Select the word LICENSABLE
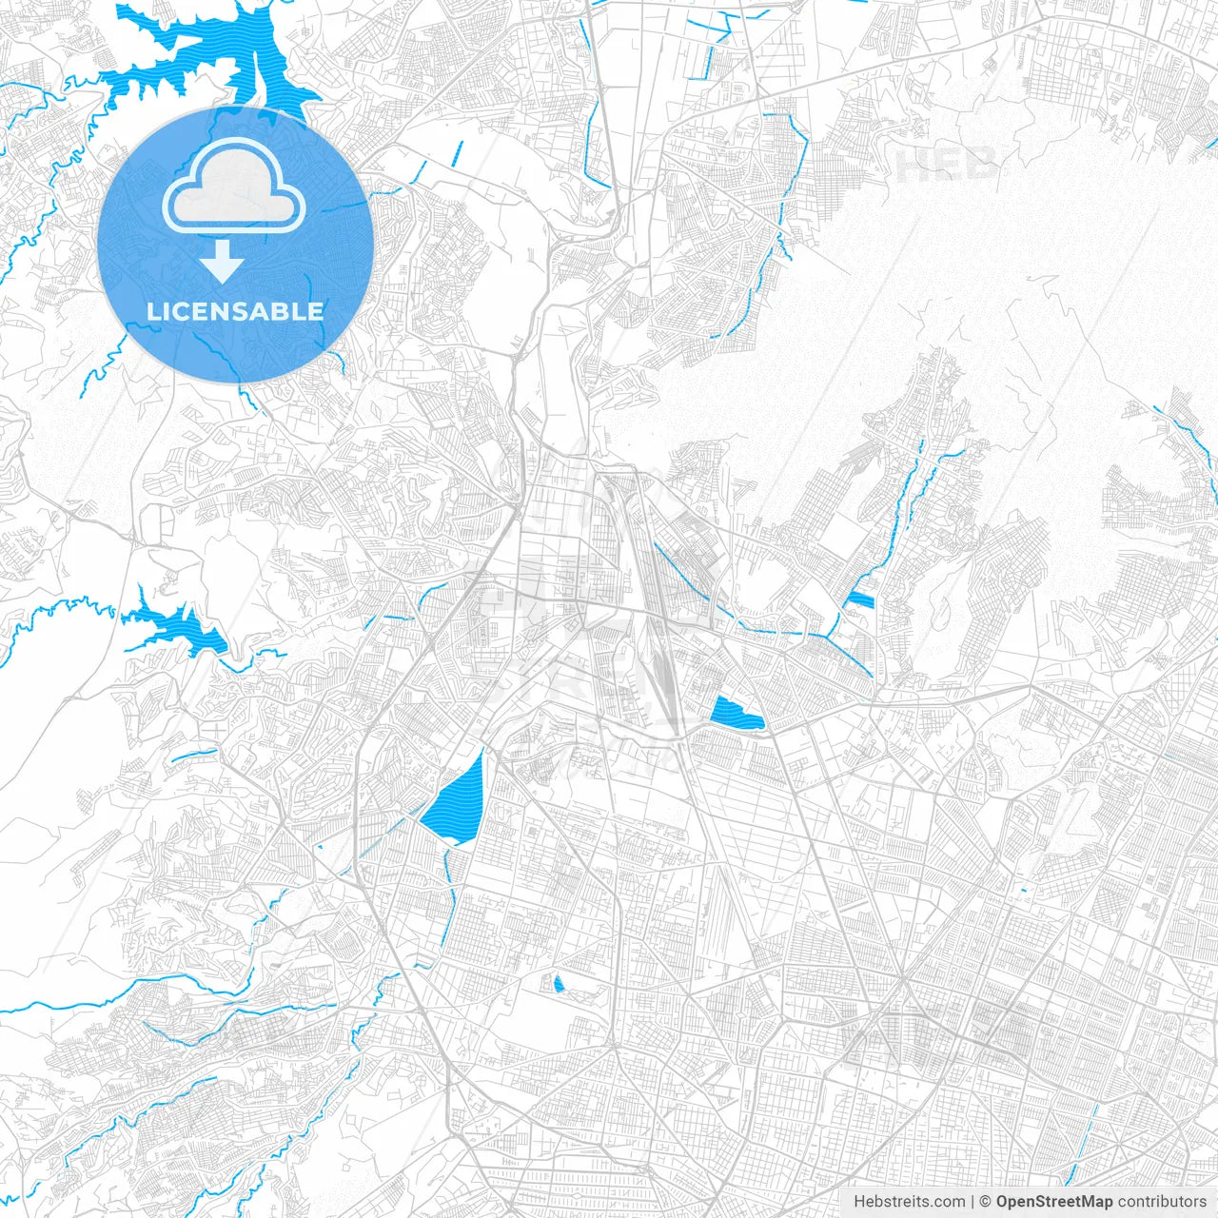(234, 311)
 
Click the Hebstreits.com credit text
(909, 1202)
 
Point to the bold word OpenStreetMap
(1054, 1202)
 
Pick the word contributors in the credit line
(1162, 1202)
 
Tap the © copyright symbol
(986, 1202)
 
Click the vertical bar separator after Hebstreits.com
(972, 1202)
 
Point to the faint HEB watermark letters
(946, 165)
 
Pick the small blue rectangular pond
(859, 599)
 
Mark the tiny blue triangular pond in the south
(559, 983)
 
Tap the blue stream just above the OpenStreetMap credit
(1085, 1142)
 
